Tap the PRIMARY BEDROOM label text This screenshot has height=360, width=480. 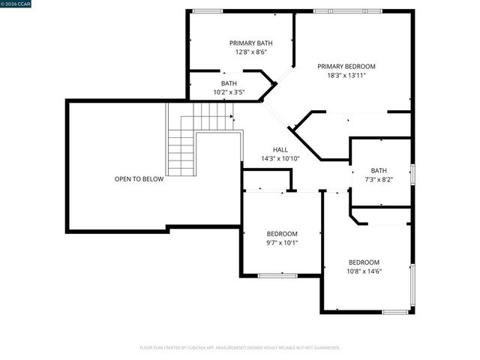(x=346, y=66)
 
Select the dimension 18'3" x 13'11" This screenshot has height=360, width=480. (x=346, y=75)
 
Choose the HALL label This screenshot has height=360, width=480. (x=280, y=149)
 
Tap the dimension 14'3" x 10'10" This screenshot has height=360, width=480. (x=280, y=158)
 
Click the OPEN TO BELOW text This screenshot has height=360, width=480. (x=139, y=178)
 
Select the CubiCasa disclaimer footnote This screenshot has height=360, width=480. (x=240, y=347)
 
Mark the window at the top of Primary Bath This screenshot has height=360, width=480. (x=208, y=10)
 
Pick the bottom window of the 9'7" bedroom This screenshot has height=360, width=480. (x=277, y=275)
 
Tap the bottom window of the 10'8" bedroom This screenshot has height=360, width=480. (x=394, y=311)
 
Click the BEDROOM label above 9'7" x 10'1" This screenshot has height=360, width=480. (x=282, y=233)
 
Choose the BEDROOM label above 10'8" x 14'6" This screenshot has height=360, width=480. (x=364, y=262)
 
